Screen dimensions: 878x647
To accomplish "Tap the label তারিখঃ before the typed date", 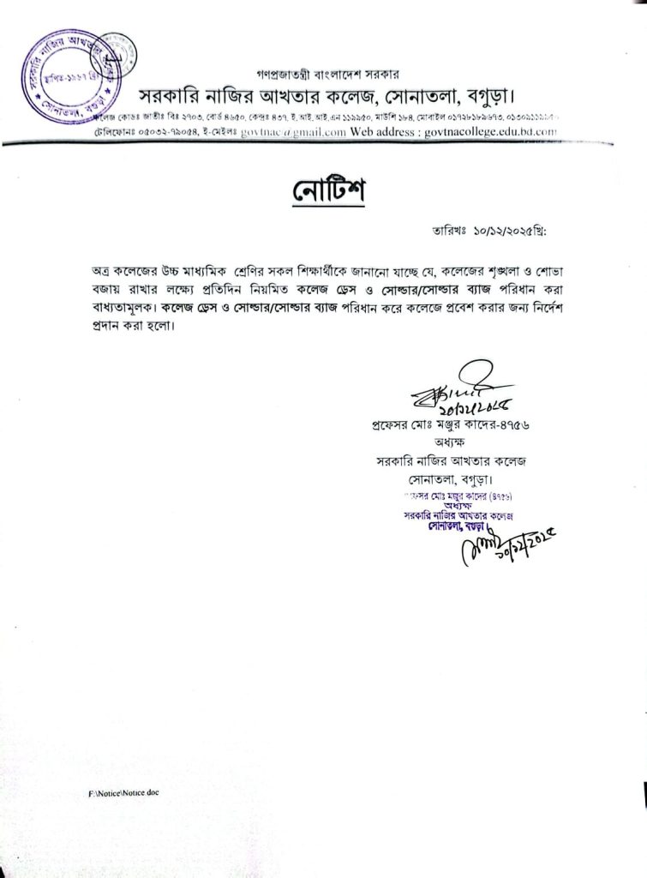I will click(447, 232).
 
